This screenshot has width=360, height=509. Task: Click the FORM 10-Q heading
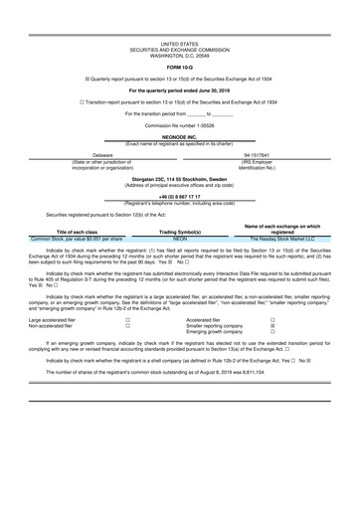(x=179, y=68)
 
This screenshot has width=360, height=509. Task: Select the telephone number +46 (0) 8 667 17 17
(x=179, y=198)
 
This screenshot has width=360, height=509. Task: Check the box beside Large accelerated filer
(x=127, y=320)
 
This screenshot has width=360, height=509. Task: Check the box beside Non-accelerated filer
(x=127, y=326)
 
